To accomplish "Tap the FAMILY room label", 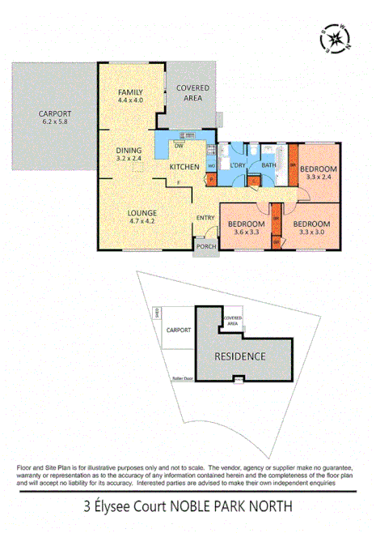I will [129, 92].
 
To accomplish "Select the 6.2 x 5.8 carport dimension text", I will [55, 122].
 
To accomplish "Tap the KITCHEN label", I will [184, 167].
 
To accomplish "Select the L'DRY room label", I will [237, 166].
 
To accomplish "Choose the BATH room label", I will [269, 166].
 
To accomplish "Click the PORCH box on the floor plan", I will [206, 247].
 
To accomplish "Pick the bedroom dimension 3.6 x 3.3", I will [247, 232].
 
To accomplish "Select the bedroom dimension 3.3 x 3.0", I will [311, 232].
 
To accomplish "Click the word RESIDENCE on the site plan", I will [239, 356].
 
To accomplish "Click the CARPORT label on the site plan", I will [178, 330].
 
